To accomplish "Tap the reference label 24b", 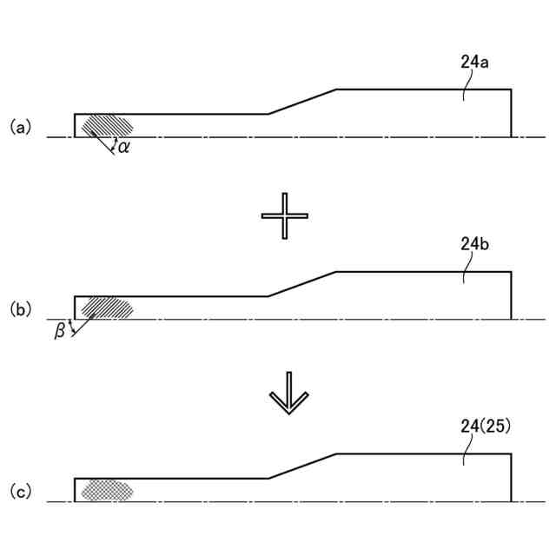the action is pyautogui.click(x=475, y=245).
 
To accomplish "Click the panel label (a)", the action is pyautogui.click(x=20, y=127).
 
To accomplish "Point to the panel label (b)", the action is pyautogui.click(x=20, y=308).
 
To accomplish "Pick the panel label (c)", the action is pyautogui.click(x=20, y=492).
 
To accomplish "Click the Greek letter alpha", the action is pyautogui.click(x=124, y=147).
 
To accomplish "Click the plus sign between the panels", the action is pyautogui.click(x=285, y=215).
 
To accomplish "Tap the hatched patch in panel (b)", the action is pyautogui.click(x=106, y=308).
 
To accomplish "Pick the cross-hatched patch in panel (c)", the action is pyautogui.click(x=106, y=491).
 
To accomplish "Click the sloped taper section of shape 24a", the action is pyautogui.click(x=301, y=102).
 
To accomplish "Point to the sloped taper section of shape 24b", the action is pyautogui.click(x=301, y=284).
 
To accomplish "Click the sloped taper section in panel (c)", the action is pyautogui.click(x=301, y=466).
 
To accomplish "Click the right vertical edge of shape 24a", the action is pyautogui.click(x=510, y=113).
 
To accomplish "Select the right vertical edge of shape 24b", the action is pyautogui.click(x=510, y=295).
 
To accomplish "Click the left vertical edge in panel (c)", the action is pyautogui.click(x=75, y=490).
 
